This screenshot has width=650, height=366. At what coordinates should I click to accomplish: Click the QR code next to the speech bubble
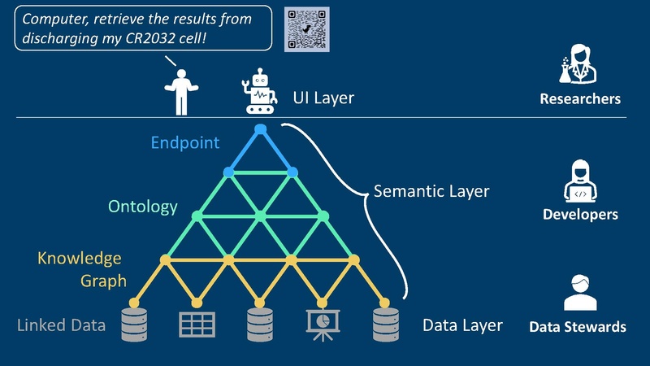[x=307, y=29]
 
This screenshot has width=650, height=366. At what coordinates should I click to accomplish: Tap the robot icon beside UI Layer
[x=259, y=91]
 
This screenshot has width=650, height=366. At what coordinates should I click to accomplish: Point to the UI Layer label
[x=323, y=98]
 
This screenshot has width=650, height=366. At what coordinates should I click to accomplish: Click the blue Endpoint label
[x=185, y=143]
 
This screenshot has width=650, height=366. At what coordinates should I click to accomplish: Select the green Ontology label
[x=142, y=207]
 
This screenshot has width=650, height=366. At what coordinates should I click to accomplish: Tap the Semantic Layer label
[x=431, y=192]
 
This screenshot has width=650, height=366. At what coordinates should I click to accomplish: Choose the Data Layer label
[x=462, y=326]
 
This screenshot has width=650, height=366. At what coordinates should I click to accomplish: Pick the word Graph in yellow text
[x=103, y=281]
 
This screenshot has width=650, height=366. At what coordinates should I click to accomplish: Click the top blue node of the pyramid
[x=260, y=129]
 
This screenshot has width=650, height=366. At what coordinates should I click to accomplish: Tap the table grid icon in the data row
[x=196, y=325]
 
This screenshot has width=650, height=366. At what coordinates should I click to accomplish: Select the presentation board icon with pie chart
[x=322, y=325]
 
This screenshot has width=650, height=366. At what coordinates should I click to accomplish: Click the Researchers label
[x=580, y=99]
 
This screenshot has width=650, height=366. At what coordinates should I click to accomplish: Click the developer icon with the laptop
[x=580, y=181]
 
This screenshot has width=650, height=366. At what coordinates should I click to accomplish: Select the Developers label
[x=580, y=215]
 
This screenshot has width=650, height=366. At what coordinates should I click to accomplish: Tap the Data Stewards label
[x=578, y=327]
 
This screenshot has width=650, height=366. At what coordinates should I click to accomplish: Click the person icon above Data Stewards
[x=580, y=293]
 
